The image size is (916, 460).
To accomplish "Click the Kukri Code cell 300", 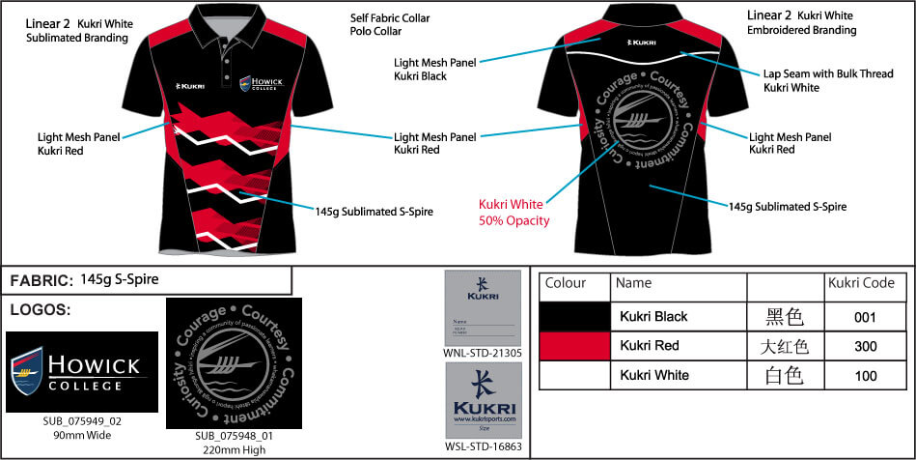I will pos(864,345).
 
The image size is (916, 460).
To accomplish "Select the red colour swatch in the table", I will pos(574,345).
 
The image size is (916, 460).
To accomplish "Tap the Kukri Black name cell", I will pos(653,316).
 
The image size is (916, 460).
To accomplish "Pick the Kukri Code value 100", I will pos(864,375).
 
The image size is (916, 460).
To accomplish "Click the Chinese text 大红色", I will pos(785,345).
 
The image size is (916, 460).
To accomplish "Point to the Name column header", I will pos(633,284).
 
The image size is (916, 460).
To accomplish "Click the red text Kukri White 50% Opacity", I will pos(514,213).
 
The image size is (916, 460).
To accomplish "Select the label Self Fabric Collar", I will pos(390,18).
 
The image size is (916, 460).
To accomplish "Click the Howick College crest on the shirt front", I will pos(246,85).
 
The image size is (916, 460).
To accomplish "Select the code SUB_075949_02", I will pos(82,421).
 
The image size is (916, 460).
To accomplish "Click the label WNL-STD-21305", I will pos(483,354).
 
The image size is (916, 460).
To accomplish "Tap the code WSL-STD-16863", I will pos(483,446).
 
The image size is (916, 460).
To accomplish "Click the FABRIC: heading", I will pos(41,281).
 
